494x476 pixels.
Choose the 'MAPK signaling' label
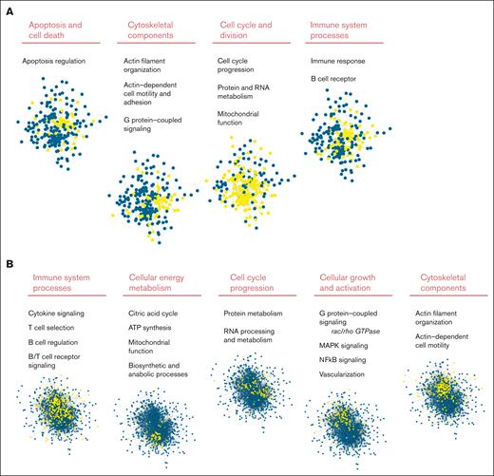(347, 350)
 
